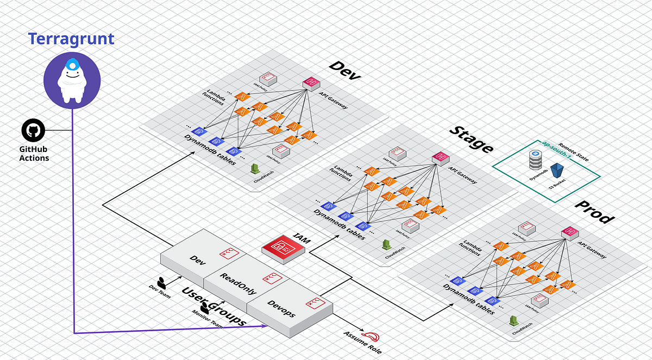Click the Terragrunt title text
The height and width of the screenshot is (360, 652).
[x=72, y=39]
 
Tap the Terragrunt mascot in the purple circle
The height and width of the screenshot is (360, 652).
[x=72, y=80]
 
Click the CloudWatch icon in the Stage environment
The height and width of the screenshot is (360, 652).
[x=387, y=245]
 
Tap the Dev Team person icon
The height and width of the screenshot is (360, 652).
[x=161, y=282]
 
